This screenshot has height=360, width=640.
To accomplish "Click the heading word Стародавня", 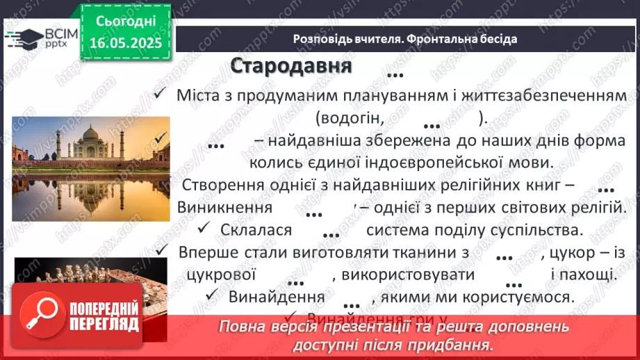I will (291, 66).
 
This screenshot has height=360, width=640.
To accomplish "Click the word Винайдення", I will (277, 297).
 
